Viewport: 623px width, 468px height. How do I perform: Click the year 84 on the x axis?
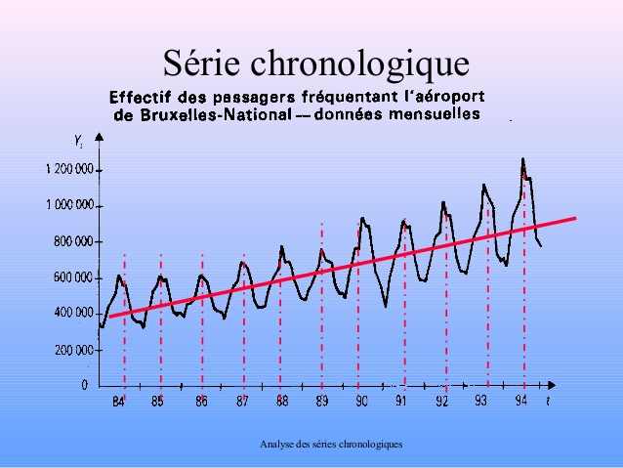pos(119,402)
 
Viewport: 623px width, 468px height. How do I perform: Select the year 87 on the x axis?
pos(241,402)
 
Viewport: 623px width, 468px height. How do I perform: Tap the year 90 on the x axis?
pos(361,402)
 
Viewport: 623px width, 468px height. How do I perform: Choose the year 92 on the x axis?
pos(441,402)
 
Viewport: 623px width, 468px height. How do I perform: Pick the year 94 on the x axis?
pos(522,401)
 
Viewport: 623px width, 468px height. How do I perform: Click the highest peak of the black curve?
pos(522,158)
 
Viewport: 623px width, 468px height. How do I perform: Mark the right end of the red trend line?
pos(575,218)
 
